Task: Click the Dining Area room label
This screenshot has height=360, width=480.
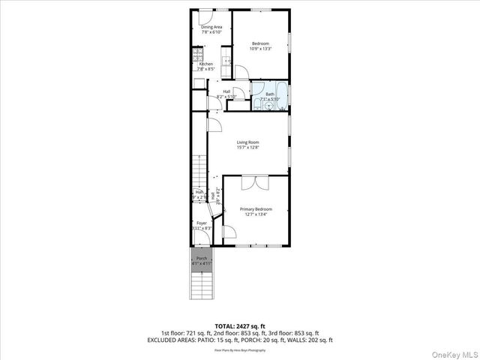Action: coord(211,29)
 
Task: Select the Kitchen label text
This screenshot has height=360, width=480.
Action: coord(205,66)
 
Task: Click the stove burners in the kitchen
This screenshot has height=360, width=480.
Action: coord(198,54)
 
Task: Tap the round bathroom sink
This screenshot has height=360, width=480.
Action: coord(257,100)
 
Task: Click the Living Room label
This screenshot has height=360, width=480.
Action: coord(247,144)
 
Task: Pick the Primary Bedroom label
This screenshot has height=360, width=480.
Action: coord(256,211)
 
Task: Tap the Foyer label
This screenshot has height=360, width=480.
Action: coord(202,226)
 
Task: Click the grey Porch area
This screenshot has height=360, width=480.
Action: coord(201,259)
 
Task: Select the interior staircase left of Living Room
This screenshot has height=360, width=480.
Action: coord(199,171)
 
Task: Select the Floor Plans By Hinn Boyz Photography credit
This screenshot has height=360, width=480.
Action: coord(239,349)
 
